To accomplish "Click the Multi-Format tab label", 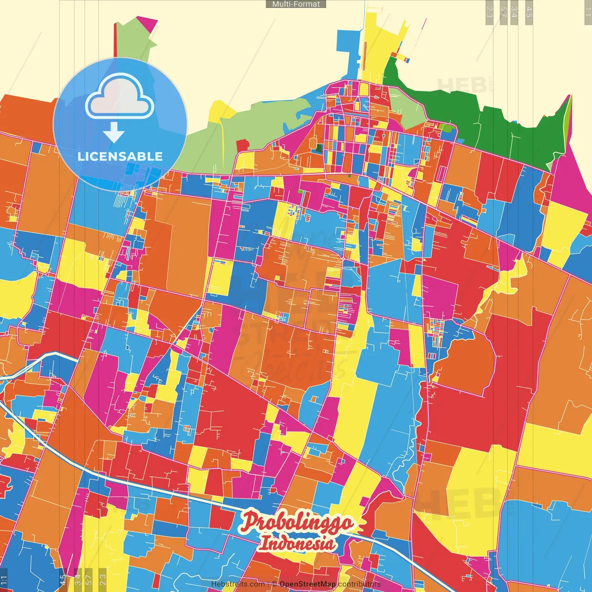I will click(296, 4).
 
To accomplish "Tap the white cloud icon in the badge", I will click(120, 97).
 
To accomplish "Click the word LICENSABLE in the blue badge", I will click(120, 156).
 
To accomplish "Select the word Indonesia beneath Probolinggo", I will click(296, 543).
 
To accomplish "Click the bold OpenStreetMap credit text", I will click(307, 584).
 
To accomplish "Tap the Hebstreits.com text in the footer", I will click(238, 584).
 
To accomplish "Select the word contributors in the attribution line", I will click(359, 584).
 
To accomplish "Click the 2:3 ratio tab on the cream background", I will click(489, 12).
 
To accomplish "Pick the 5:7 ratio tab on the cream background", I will click(503, 12).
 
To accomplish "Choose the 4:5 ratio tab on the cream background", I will click(529, 12).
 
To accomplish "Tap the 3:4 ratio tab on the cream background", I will click(514, 12).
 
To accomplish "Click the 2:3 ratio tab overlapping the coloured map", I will click(103, 579).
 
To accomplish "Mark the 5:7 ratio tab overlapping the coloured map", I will click(89, 579).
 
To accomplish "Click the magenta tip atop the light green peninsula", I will click(148, 23).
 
